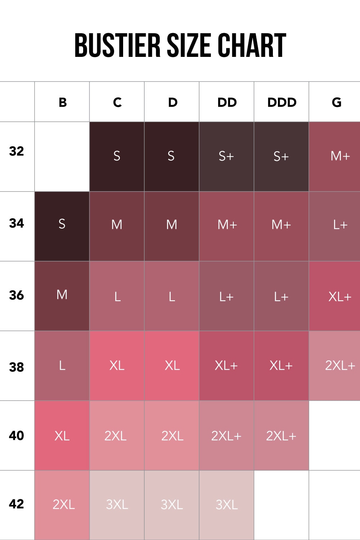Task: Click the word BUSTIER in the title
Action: [117, 45]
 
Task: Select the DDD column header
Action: [282, 102]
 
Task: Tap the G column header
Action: [336, 102]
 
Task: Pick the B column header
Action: [62, 102]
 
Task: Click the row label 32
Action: [17, 151]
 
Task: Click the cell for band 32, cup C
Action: [117, 156]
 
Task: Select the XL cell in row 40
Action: [62, 435]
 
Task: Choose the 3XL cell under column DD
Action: [226, 505]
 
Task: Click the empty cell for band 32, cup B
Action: [62, 156]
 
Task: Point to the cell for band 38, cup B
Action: [62, 365]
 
